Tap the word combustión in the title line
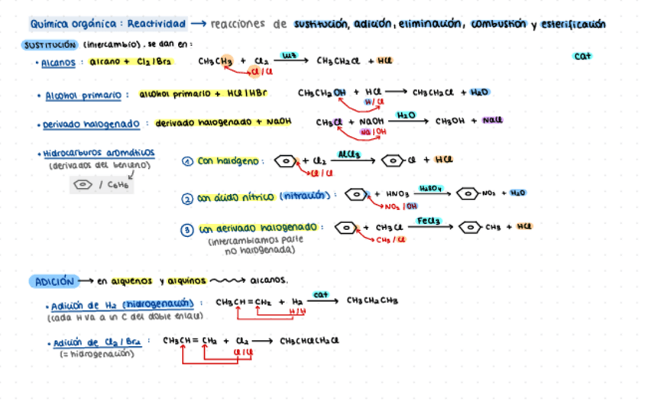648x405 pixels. click(x=499, y=24)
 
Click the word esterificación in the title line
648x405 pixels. click(x=573, y=24)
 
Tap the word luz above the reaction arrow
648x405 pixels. click(x=290, y=55)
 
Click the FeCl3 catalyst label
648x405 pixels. click(x=428, y=221)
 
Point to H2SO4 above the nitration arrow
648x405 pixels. click(x=432, y=187)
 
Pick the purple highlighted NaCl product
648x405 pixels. click(x=492, y=120)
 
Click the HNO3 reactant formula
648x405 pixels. click(x=398, y=195)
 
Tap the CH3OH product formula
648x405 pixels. click(x=451, y=121)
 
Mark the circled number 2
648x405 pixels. click(x=187, y=199)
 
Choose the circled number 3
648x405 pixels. click(x=187, y=229)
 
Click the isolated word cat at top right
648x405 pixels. click(x=582, y=56)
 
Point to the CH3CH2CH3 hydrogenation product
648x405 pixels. click(x=372, y=300)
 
